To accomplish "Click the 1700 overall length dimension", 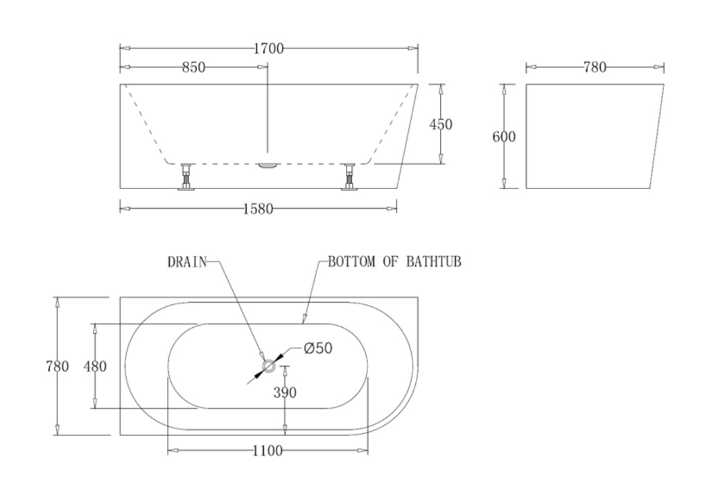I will pyautogui.click(x=268, y=49).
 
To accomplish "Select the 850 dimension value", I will pyautogui.click(x=193, y=67).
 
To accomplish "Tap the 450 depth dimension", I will pyautogui.click(x=441, y=124).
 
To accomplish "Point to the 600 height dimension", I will pyautogui.click(x=504, y=137).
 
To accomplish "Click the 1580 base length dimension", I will pyautogui.click(x=258, y=208).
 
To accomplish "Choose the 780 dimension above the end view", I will pyautogui.click(x=595, y=67).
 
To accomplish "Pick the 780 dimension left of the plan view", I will pyautogui.click(x=58, y=366).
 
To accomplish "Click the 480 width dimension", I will pyautogui.click(x=95, y=366).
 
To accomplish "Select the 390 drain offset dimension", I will pyautogui.click(x=285, y=392).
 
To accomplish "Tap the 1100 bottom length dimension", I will pyautogui.click(x=268, y=451).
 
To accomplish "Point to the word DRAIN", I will pyautogui.click(x=187, y=263).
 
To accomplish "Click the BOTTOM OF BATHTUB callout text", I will pyautogui.click(x=394, y=263).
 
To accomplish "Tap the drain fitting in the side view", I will pyautogui.click(x=268, y=166).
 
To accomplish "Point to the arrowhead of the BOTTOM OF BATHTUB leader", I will pyautogui.click(x=304, y=320).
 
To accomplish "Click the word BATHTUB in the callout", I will pyautogui.click(x=436, y=263).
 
